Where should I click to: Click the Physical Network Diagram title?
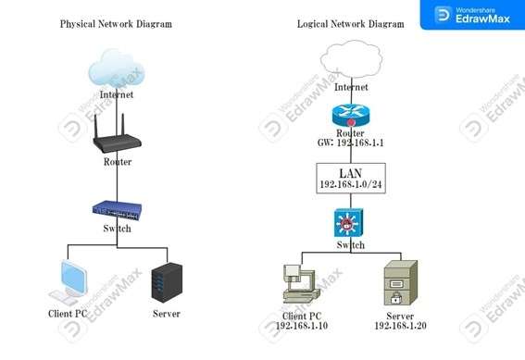pyautogui.click(x=116, y=23)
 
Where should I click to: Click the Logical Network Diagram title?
pyautogui.click(x=351, y=23)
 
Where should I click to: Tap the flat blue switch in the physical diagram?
pyautogui.click(x=117, y=211)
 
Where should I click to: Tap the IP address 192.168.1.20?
pyautogui.click(x=401, y=327)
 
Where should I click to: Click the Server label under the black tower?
pyautogui.click(x=166, y=314)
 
